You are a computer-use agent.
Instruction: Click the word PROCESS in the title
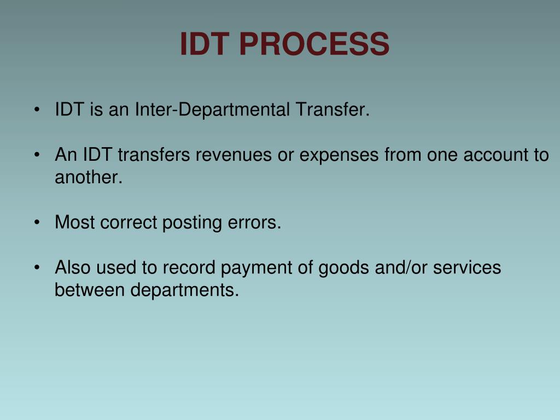tap(314, 44)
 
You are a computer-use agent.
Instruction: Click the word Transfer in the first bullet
tap(332, 110)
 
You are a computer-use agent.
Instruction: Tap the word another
tap(89, 178)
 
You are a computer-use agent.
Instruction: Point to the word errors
tap(254, 223)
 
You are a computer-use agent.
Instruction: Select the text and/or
tap(396, 267)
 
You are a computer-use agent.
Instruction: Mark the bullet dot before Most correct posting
tap(36, 223)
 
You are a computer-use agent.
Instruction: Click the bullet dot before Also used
tap(36, 268)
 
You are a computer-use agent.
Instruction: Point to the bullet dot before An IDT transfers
tap(36, 155)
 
